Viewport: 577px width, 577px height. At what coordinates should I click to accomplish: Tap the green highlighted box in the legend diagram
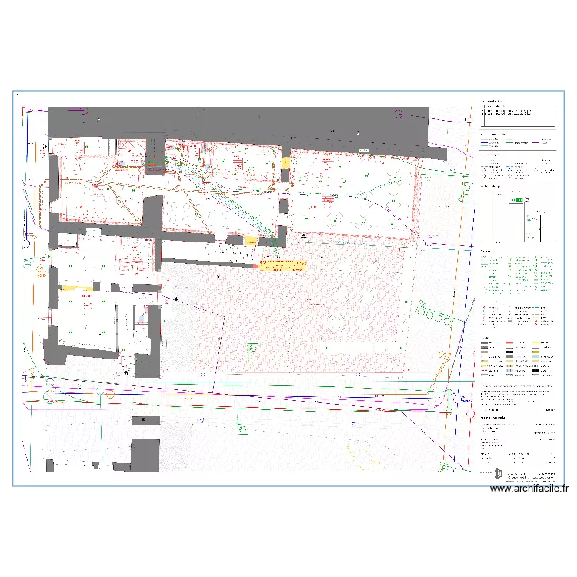pyautogui.click(x=519, y=200)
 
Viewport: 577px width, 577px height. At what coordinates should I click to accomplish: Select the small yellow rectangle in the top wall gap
pyautogui.click(x=285, y=163)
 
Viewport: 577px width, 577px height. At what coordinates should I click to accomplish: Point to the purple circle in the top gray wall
pyautogui.click(x=399, y=115)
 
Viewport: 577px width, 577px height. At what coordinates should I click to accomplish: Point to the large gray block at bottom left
pyautogui.click(x=144, y=455)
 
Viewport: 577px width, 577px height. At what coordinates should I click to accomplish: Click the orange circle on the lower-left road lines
pyautogui.click(x=110, y=394)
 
